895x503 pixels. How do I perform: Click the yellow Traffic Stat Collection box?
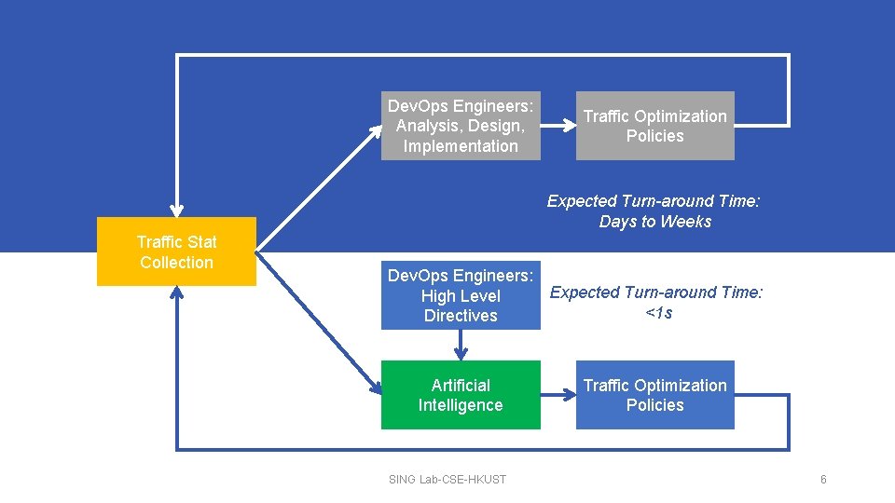(176, 251)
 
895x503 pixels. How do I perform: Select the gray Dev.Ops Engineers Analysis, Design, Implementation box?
(461, 126)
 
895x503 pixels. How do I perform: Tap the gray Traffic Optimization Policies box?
(654, 126)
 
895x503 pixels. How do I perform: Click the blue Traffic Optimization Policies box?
(654, 395)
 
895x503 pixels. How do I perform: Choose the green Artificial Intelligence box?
(461, 395)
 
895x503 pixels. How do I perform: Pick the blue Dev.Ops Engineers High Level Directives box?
(461, 296)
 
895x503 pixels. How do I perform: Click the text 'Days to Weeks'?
(654, 222)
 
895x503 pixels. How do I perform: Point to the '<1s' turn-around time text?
(658, 313)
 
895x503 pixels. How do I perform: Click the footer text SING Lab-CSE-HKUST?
(447, 480)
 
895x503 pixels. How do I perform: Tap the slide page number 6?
(823, 480)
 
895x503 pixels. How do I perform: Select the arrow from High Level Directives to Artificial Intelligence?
(461, 345)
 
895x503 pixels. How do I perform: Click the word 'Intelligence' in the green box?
(461, 405)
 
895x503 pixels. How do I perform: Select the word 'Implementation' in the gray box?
(461, 146)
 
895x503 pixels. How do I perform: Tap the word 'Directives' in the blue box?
(461, 316)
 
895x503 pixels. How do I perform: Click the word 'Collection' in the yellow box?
(176, 263)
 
